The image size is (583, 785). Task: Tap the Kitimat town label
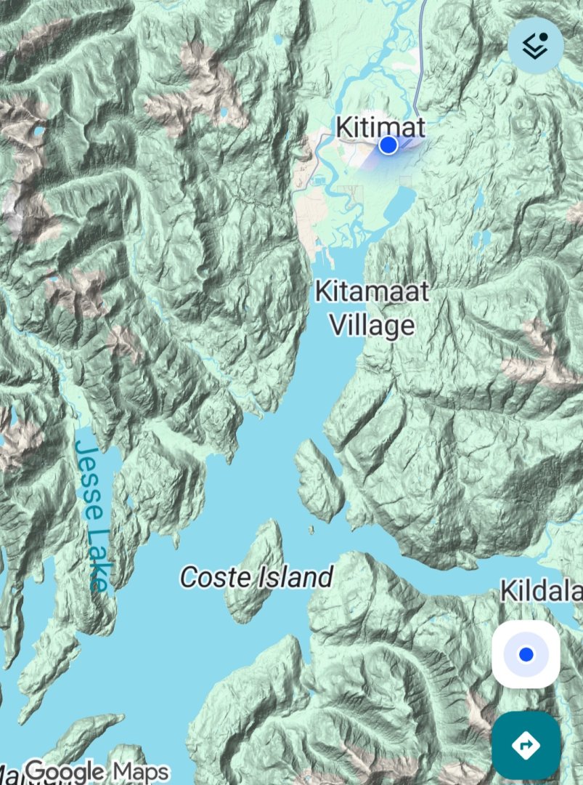tap(380, 126)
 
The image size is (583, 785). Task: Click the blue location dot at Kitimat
tap(388, 145)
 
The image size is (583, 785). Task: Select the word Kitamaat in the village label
tap(372, 292)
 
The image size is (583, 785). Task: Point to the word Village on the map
tap(372, 325)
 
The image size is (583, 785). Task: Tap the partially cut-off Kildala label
tap(541, 592)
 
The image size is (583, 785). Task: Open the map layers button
tap(535, 45)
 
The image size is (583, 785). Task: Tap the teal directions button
tap(525, 745)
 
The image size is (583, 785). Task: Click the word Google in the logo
tap(65, 770)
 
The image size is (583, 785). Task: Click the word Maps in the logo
tap(140, 770)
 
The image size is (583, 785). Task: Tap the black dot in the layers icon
tap(544, 37)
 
